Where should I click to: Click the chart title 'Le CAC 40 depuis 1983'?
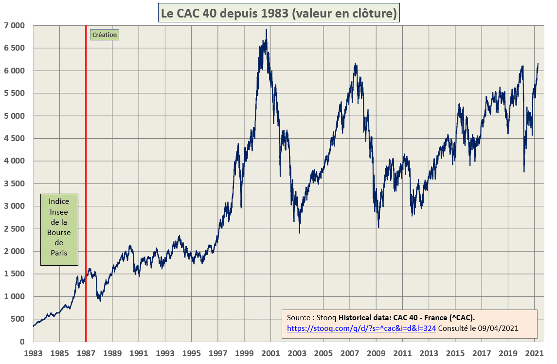(x=279, y=13)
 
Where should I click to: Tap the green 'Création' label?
(x=104, y=35)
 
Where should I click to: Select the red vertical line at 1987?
(x=86, y=195)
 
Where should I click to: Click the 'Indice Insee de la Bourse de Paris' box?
(x=59, y=230)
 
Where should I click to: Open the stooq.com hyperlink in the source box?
(x=361, y=328)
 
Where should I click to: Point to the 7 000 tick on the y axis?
(x=15, y=25)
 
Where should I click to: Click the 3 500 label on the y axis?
(x=15, y=183)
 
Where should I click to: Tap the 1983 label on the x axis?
(x=33, y=353)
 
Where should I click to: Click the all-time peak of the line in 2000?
(x=266, y=29)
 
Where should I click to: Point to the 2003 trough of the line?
(x=299, y=233)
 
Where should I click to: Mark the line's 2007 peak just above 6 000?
(x=356, y=64)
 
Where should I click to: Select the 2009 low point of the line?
(x=378, y=227)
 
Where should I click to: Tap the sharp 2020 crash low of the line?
(x=524, y=171)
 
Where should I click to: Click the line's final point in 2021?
(x=538, y=63)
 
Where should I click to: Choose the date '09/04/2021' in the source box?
(x=501, y=328)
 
